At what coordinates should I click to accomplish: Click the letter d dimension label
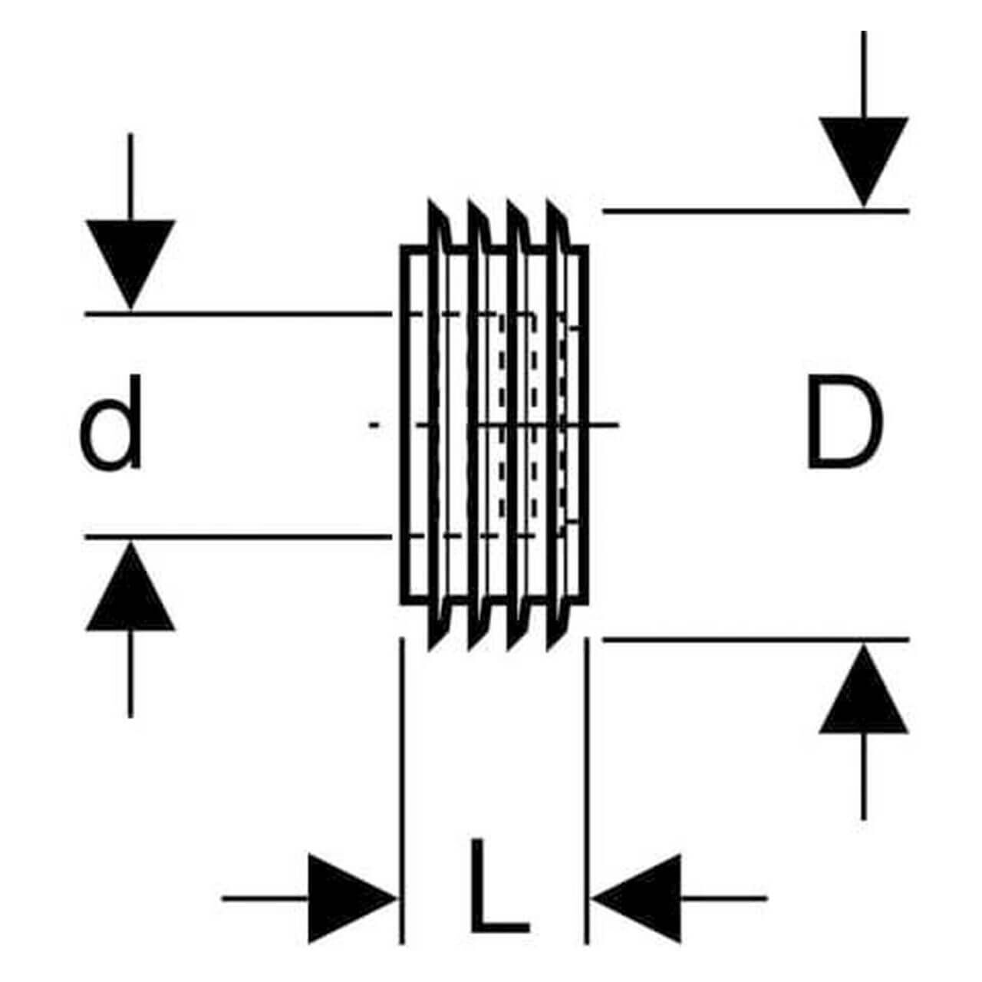point(112,423)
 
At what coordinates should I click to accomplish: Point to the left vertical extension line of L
point(401,767)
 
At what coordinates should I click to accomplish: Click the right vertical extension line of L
point(587,767)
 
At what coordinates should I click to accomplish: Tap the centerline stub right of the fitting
point(606,423)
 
